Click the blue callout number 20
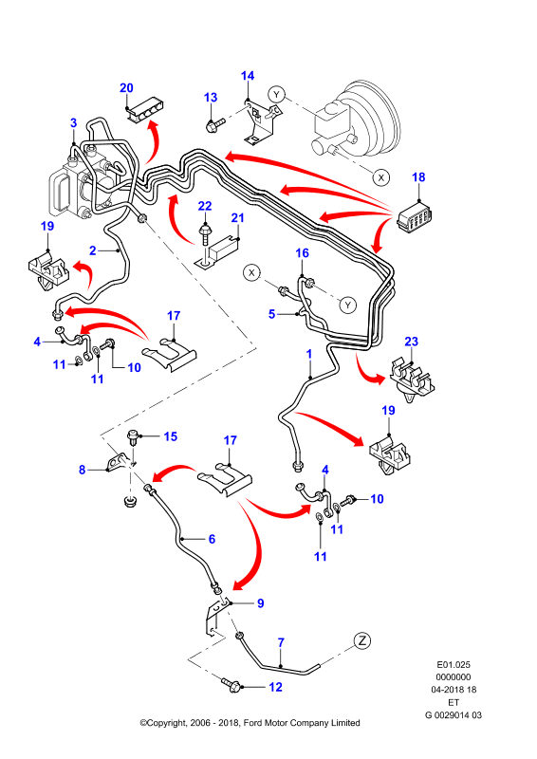(126, 87)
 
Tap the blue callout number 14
(248, 76)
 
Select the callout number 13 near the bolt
(211, 98)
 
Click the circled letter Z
(361, 641)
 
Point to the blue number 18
(418, 177)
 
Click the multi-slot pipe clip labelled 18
(415, 217)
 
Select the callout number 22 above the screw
(205, 206)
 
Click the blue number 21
(237, 218)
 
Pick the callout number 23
(411, 342)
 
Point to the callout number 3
(74, 122)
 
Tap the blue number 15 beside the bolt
(171, 436)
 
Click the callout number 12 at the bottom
(275, 687)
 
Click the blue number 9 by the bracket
(261, 603)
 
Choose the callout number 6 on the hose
(212, 539)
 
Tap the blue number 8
(82, 469)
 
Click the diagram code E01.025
(454, 665)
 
